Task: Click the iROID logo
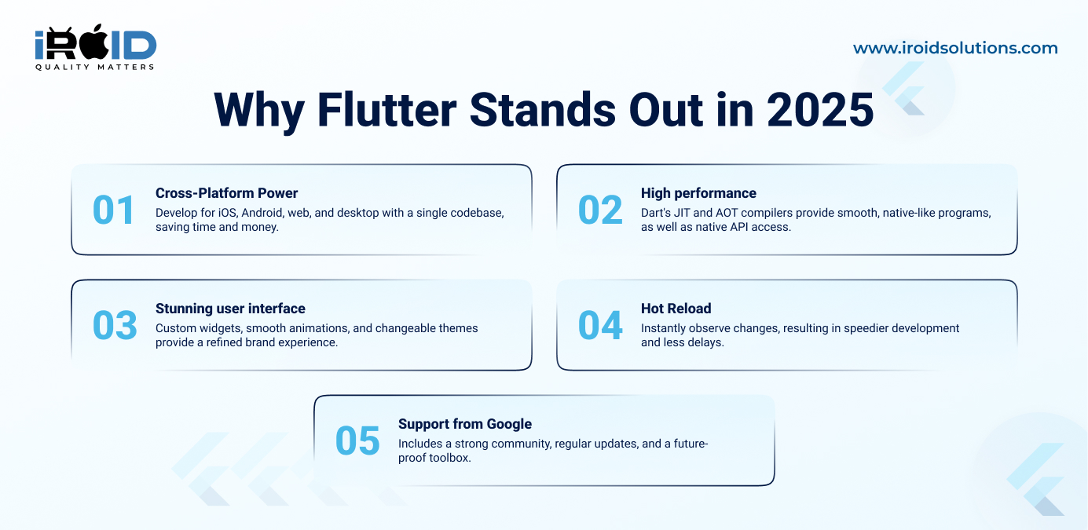(x=96, y=47)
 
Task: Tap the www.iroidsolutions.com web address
(x=955, y=48)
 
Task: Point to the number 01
(x=114, y=210)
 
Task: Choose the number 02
(x=600, y=210)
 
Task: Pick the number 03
(x=115, y=325)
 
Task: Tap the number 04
(x=600, y=325)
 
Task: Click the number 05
(x=357, y=440)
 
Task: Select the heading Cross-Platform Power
(x=226, y=193)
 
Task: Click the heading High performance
(x=698, y=193)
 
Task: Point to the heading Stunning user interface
(x=230, y=309)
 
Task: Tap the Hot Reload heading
(x=676, y=309)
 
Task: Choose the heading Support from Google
(x=465, y=424)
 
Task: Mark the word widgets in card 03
(x=220, y=329)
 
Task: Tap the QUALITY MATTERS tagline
(x=95, y=67)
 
